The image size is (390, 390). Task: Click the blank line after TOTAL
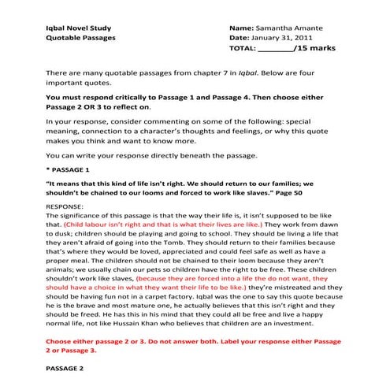pos(275,49)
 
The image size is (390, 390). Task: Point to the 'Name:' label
pos(240,27)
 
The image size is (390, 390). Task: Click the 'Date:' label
pos(239,37)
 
